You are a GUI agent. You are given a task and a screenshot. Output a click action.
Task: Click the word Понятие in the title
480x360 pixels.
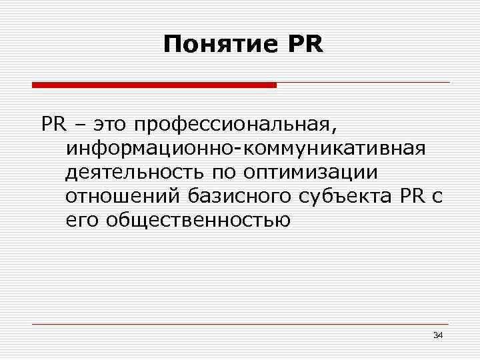tap(220, 45)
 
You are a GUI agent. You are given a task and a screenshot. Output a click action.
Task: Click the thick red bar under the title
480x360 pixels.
tap(154, 85)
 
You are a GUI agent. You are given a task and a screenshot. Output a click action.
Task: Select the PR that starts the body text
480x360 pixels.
tap(52, 124)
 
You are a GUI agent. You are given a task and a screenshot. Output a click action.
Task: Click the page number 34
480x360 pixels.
tap(437, 334)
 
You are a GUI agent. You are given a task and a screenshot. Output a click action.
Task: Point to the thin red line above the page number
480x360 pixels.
tap(240, 324)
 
